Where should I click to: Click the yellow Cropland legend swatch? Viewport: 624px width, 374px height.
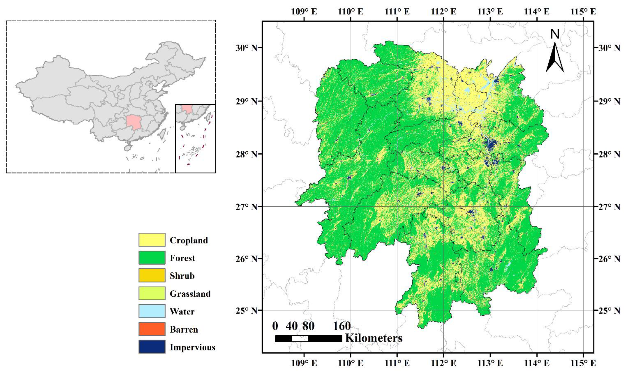(x=152, y=240)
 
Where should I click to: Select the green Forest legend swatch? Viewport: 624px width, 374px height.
(x=152, y=258)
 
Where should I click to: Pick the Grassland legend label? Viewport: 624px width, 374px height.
(x=190, y=294)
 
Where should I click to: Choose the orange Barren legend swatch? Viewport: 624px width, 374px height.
(x=152, y=329)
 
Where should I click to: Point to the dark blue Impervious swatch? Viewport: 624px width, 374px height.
(x=152, y=347)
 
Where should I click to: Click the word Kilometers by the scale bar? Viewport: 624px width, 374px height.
(x=374, y=338)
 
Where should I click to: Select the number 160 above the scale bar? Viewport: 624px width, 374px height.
(x=342, y=326)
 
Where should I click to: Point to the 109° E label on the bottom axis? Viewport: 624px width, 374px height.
(x=304, y=363)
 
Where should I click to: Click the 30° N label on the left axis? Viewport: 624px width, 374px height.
(x=246, y=48)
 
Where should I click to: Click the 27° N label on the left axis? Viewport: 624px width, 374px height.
(x=246, y=207)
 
